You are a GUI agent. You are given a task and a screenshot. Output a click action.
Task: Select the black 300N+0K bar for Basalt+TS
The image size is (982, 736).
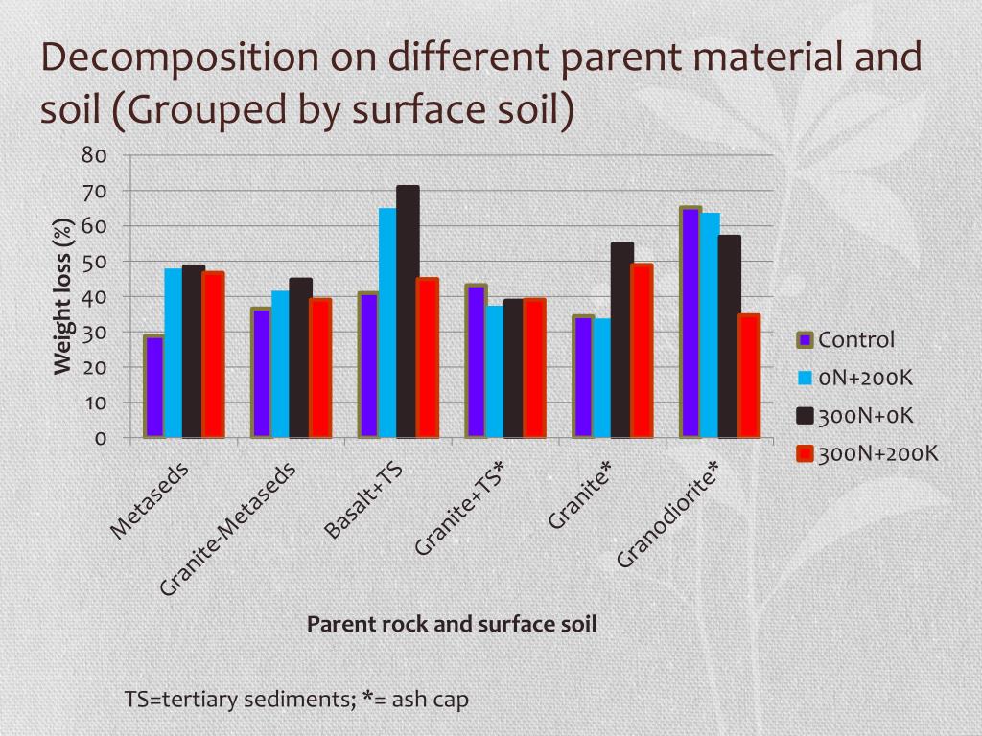click(x=408, y=311)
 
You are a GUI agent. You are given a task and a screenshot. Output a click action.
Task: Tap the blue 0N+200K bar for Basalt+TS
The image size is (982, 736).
click(x=387, y=323)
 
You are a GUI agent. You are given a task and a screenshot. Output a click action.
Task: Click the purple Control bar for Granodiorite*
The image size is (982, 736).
click(x=690, y=323)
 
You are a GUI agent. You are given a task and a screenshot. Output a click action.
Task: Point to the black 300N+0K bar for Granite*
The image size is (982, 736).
click(x=621, y=340)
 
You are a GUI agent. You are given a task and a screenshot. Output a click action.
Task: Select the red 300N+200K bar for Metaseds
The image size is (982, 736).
click(x=212, y=355)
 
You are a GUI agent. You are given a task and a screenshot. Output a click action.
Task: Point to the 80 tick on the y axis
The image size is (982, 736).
click(x=93, y=155)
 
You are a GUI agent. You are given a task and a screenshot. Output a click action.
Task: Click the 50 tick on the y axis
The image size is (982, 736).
click(x=93, y=262)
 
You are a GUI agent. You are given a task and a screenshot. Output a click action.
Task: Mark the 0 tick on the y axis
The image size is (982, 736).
click(x=99, y=439)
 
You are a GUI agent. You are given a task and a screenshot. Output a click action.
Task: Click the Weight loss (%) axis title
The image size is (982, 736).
click(x=63, y=297)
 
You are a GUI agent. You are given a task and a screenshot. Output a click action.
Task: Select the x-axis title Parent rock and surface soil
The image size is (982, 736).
click(x=452, y=624)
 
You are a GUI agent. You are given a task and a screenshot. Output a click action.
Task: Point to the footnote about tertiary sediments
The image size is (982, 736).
click(x=297, y=699)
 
